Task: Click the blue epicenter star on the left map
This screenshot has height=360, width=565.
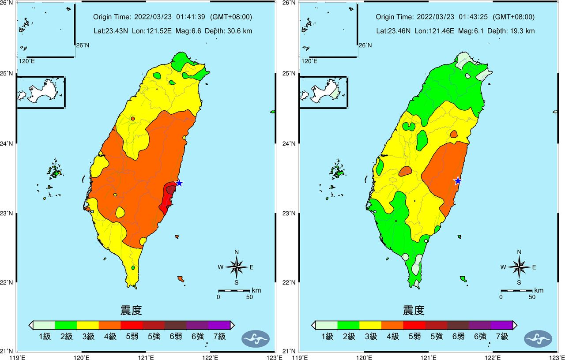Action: pos(179,183)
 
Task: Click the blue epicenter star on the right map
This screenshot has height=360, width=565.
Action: pos(458,181)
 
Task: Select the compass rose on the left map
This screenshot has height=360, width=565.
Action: pos(237,267)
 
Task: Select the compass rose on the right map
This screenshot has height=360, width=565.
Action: pos(519,267)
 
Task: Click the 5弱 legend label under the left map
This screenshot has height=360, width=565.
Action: pos(132,337)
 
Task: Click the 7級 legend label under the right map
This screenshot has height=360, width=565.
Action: pos(501,337)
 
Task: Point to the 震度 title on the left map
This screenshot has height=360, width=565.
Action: pos(131,310)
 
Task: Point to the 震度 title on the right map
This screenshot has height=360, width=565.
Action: pos(414,310)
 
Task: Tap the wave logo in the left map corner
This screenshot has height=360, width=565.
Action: pos(255,338)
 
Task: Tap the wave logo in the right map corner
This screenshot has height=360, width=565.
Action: pos(538,338)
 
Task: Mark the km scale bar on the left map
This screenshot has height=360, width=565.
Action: pos(234,291)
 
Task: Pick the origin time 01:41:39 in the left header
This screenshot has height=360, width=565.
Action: pos(191,17)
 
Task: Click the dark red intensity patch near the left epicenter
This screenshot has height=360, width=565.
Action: pos(170,190)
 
